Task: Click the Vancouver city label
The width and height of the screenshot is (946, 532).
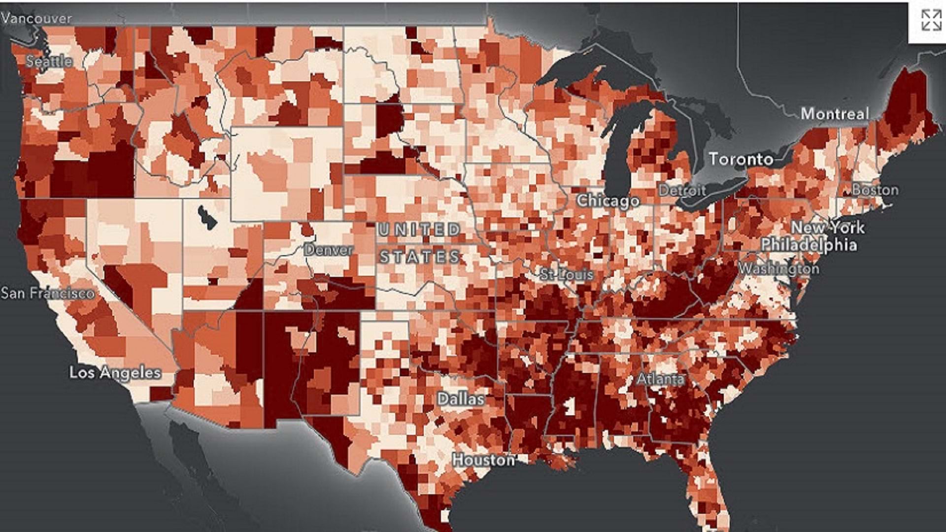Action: (36, 18)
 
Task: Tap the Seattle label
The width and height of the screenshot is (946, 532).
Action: (49, 62)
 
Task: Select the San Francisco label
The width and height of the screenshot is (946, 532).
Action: (47, 293)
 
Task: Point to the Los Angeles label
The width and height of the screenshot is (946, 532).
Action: (115, 372)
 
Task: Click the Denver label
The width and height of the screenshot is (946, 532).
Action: (328, 250)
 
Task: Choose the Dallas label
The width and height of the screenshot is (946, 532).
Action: (461, 399)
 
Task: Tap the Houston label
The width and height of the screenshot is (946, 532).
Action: (483, 460)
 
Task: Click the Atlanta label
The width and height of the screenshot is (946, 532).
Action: (660, 379)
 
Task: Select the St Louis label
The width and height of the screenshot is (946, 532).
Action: (567, 274)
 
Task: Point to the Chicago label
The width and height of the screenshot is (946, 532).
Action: (608, 200)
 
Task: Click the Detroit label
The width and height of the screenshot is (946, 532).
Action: (682, 190)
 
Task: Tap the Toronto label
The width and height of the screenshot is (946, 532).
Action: (741, 159)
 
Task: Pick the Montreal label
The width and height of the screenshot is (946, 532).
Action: (835, 114)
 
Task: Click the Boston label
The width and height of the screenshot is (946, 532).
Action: (875, 190)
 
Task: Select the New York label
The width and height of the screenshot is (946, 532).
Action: (827, 228)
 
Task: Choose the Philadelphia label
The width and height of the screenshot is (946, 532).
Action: (809, 245)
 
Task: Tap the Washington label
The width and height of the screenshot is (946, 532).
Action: (778, 269)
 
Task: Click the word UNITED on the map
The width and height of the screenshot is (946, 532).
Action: (419, 230)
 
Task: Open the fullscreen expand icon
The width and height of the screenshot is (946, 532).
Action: (931, 21)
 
